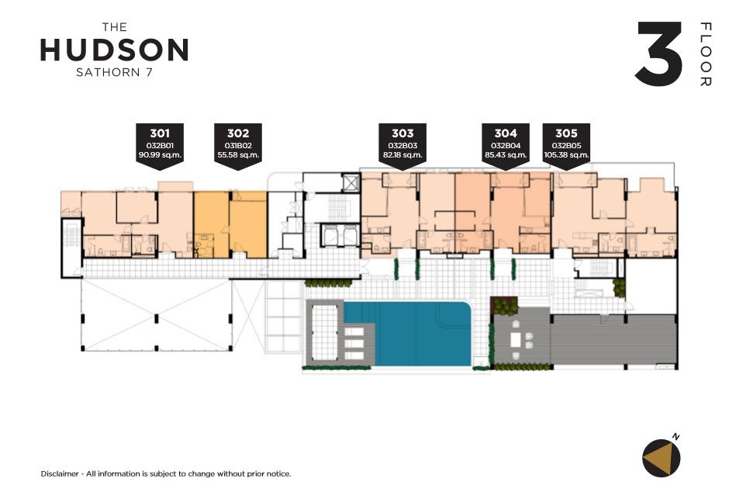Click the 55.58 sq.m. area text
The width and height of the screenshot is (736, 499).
point(238,154)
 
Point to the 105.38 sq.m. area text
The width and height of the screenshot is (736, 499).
point(567,154)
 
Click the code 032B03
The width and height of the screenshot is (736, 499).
point(403,146)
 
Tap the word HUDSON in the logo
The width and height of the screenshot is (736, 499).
point(115,50)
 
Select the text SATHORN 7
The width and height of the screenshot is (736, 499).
point(115,72)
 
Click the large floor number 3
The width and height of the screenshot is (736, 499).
point(659,54)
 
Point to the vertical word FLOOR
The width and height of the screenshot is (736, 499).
point(706,54)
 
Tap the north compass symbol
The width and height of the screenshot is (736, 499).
point(662,457)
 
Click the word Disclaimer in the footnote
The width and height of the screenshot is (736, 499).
point(60,473)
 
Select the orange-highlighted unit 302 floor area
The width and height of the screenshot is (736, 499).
point(230,224)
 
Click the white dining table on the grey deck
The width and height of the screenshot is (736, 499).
point(517,339)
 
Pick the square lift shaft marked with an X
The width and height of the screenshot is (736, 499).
point(350,182)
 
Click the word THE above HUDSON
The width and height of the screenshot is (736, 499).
point(115,27)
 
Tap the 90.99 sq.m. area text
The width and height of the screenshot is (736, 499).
point(160,154)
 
